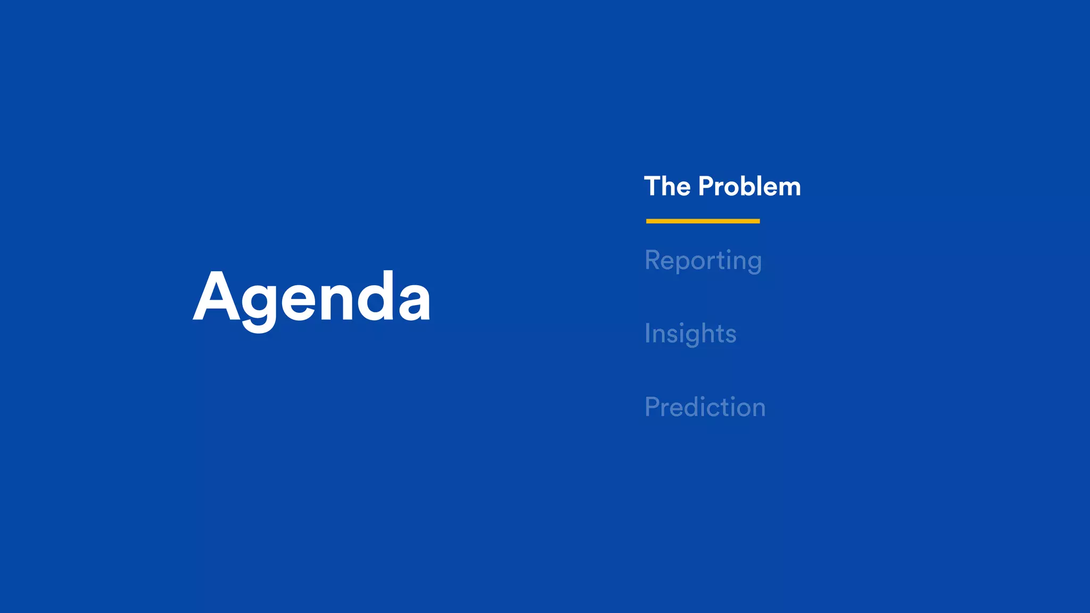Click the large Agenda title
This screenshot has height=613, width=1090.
click(311, 298)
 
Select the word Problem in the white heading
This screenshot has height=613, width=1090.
click(749, 187)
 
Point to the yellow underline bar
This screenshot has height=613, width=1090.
click(703, 221)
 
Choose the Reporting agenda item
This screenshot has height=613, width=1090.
click(703, 261)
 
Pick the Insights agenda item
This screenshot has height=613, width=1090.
click(690, 334)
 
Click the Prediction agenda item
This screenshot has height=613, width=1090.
click(705, 408)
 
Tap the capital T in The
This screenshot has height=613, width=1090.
click(653, 187)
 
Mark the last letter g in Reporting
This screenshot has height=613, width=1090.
click(754, 264)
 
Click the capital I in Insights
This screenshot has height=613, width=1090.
click(648, 334)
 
